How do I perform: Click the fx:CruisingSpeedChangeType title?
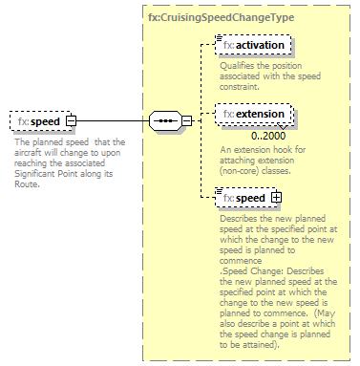point(220,17)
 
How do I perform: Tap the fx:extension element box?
point(253,115)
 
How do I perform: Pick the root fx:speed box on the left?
point(37,122)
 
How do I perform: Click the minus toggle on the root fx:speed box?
point(72,122)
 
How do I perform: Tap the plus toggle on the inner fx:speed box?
point(277,197)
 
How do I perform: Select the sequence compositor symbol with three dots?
point(166,121)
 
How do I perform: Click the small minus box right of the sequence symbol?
point(187,121)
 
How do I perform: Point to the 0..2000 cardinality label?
point(256,135)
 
